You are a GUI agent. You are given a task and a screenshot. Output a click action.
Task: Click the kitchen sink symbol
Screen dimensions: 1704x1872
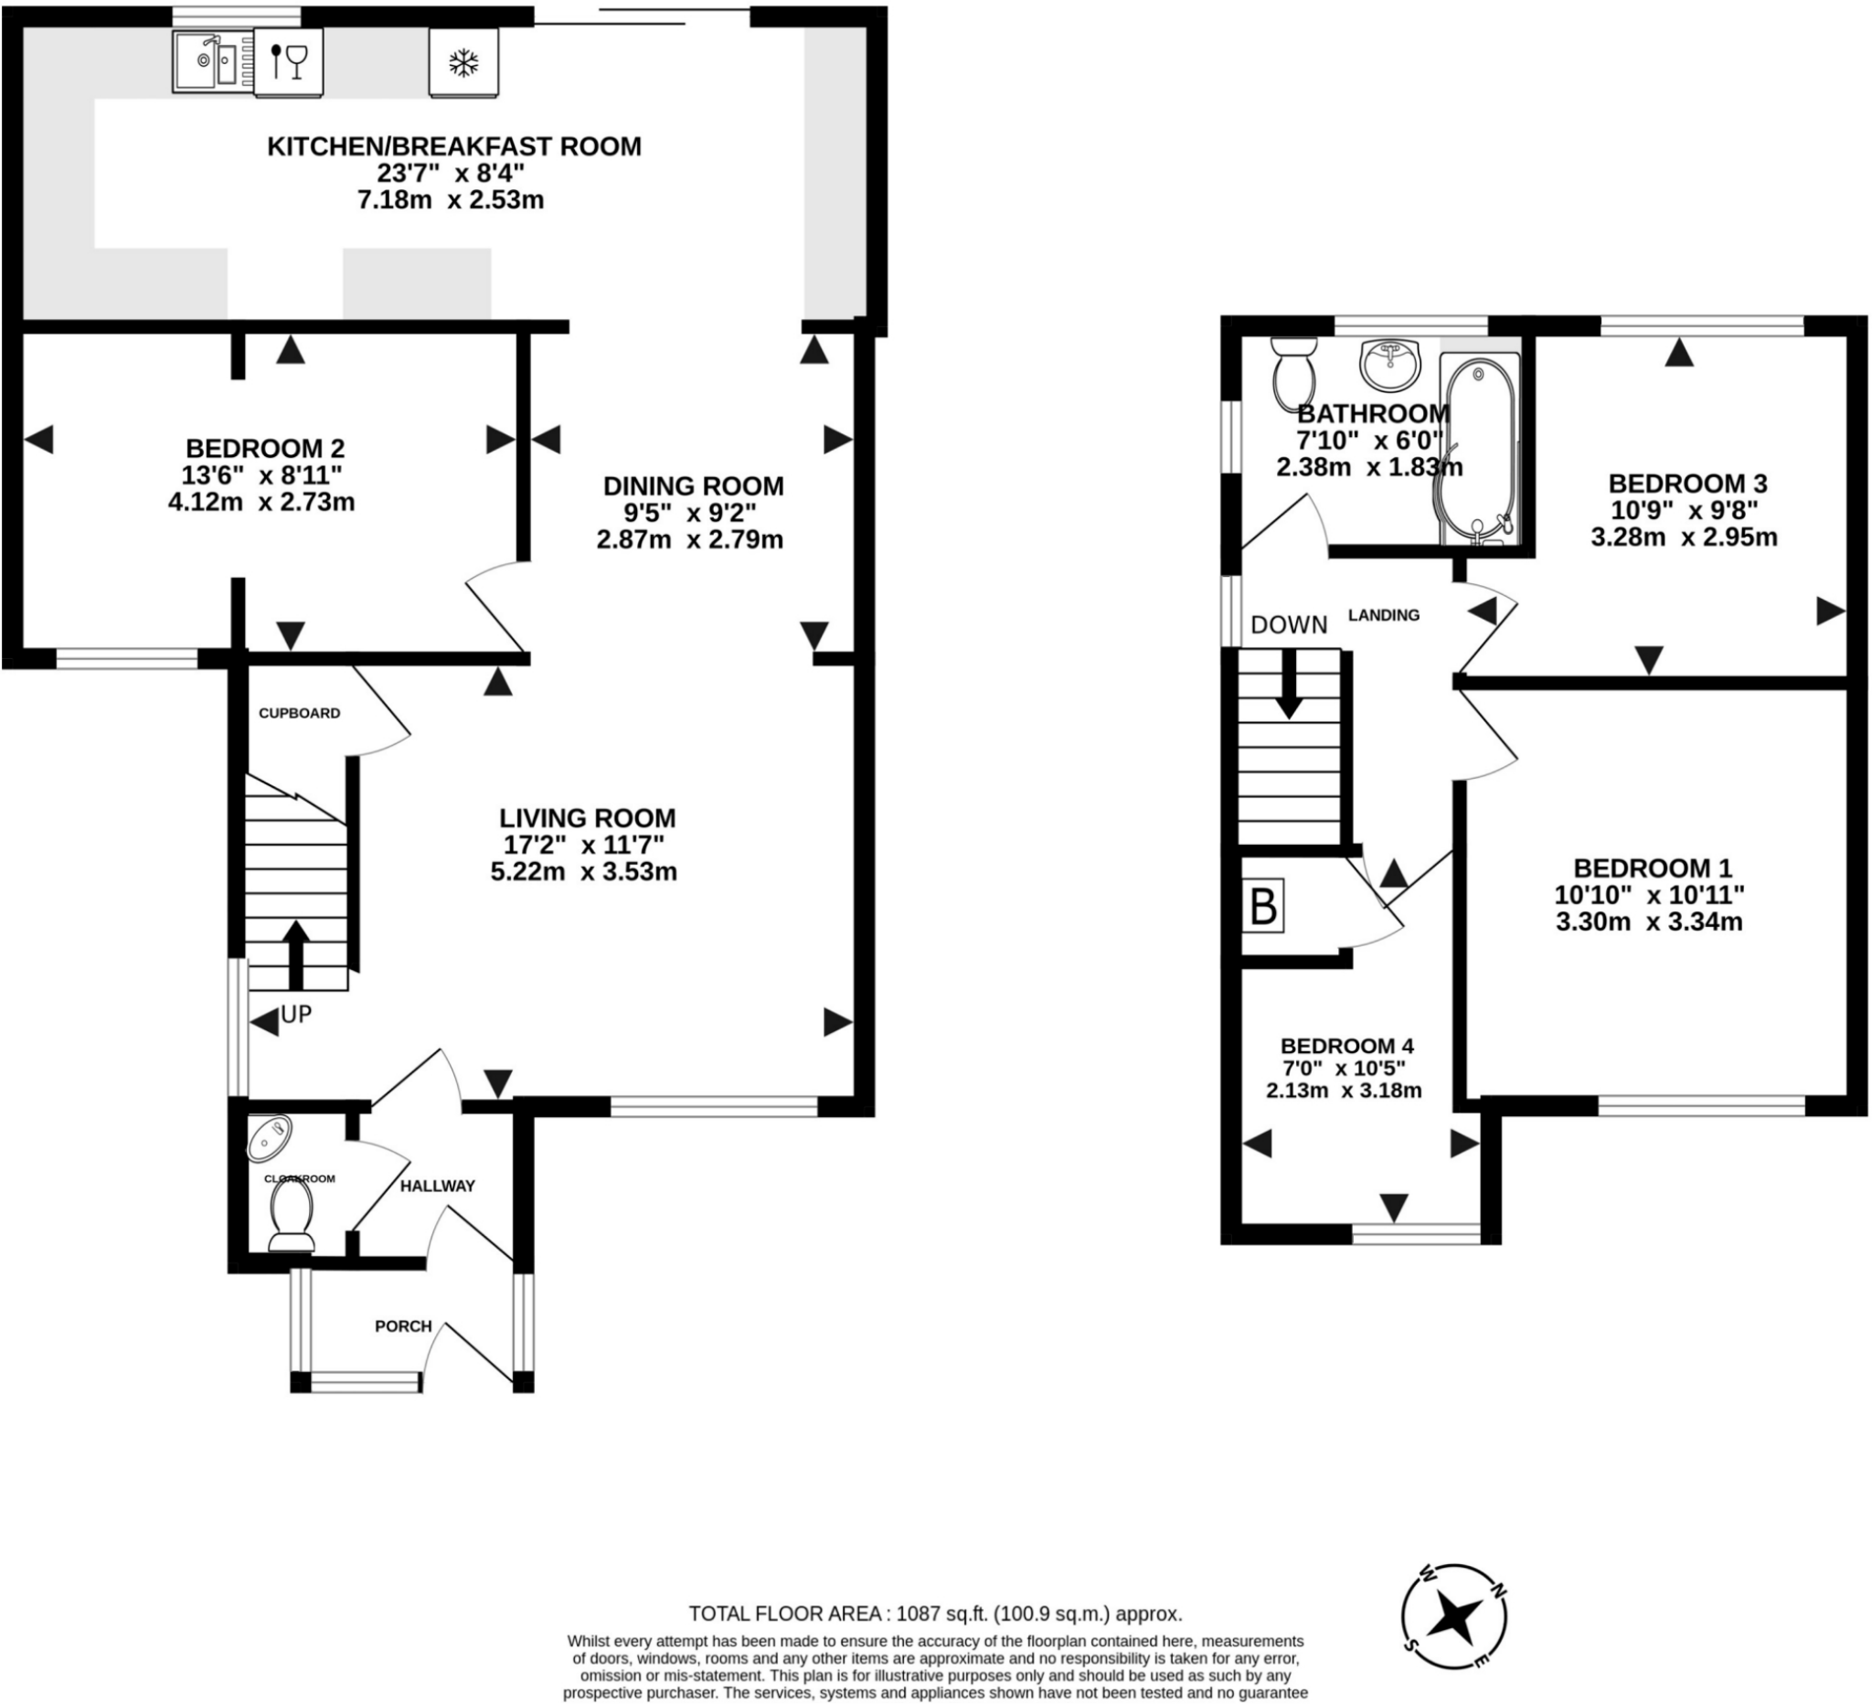tap(212, 61)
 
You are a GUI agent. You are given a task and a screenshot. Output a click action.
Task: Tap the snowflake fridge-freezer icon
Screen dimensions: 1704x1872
tap(463, 62)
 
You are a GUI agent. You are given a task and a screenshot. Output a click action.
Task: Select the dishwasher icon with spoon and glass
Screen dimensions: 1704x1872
tap(289, 61)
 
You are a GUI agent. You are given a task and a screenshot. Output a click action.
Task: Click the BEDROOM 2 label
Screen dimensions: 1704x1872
tap(266, 448)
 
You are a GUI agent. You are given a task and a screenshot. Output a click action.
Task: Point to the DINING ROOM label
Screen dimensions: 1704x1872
tap(693, 485)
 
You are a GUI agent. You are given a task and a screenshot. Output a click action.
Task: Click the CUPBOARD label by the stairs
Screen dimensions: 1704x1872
tap(299, 713)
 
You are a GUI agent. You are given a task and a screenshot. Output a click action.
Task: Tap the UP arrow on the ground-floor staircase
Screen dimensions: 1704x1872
tap(296, 954)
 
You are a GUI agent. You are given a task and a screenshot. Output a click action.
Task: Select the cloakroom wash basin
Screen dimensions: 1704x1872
tap(271, 1136)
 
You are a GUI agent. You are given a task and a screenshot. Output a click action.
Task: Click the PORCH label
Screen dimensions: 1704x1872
tap(403, 1326)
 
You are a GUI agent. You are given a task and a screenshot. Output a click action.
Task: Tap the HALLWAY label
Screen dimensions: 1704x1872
tap(437, 1186)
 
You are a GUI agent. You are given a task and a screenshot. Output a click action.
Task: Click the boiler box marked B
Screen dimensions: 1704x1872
tap(1263, 906)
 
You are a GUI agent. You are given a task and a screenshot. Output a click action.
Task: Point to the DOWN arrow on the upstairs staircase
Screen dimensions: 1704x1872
tap(1288, 686)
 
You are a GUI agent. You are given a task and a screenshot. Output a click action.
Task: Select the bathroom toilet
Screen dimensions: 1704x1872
tap(1294, 368)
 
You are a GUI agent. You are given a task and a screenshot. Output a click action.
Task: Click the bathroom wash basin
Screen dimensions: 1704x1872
tap(1390, 364)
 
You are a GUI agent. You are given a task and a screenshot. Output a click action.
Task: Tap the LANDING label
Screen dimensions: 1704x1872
tap(1384, 614)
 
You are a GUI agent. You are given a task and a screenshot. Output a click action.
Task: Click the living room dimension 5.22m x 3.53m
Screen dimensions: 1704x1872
tap(583, 872)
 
